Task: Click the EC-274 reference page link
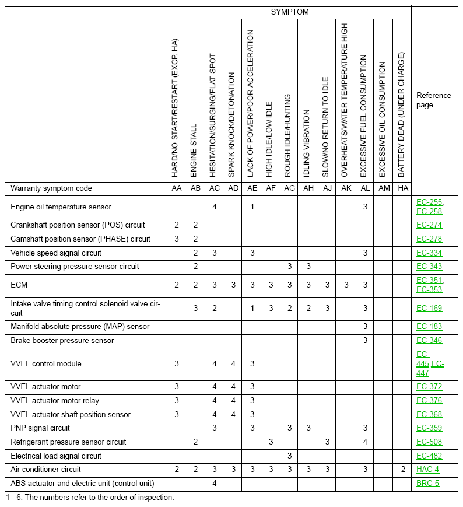(x=429, y=225)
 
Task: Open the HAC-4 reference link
(x=427, y=470)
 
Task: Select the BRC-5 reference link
(x=427, y=484)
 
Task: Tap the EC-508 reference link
(x=429, y=442)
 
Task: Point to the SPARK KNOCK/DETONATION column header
(x=232, y=125)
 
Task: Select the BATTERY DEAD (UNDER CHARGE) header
(x=402, y=114)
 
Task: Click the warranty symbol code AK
(x=346, y=188)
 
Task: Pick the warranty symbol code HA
(x=402, y=188)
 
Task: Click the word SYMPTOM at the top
(x=290, y=12)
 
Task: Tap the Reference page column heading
(x=433, y=100)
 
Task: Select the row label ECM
(x=19, y=285)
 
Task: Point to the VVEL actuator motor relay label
(x=55, y=401)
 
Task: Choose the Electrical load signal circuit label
(x=56, y=456)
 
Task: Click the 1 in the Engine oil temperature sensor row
(x=252, y=207)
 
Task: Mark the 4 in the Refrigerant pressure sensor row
(x=365, y=442)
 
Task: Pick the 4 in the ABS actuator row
(x=215, y=484)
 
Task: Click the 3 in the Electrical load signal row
(x=289, y=456)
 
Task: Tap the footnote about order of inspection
(x=90, y=498)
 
